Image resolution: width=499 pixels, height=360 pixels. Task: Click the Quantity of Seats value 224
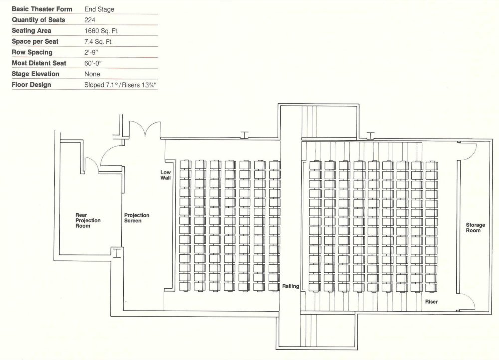tap(90, 20)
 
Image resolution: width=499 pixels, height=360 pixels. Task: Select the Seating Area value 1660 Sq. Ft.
tap(101, 31)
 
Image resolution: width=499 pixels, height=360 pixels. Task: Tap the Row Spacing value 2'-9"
tap(91, 52)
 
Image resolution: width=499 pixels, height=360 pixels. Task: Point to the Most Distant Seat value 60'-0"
tap(93, 63)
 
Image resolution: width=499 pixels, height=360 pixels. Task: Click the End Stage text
tap(99, 9)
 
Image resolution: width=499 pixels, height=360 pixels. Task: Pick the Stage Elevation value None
tap(92, 74)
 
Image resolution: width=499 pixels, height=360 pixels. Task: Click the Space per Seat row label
tap(35, 42)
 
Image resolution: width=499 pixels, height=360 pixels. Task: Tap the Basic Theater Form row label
tap(42, 9)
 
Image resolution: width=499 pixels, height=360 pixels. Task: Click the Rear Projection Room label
tap(88, 220)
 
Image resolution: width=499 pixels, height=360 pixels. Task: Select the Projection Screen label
tap(137, 218)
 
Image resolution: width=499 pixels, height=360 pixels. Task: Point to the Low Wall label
tap(166, 175)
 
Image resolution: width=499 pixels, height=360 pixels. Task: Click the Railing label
tap(291, 286)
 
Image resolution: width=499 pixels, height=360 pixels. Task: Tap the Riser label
tap(431, 302)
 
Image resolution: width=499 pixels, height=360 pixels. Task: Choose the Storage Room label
tap(475, 227)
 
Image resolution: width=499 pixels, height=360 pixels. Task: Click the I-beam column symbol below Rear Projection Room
tap(117, 253)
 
